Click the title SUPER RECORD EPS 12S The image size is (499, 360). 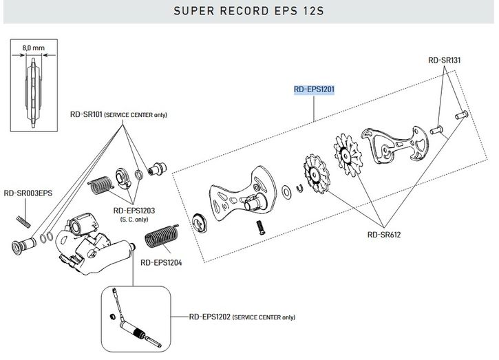(249, 11)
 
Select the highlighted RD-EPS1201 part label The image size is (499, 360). (313, 89)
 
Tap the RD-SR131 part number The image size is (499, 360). (444, 60)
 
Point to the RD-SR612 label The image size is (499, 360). (384, 234)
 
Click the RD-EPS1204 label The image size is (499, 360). (160, 262)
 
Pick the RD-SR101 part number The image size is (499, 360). (85, 114)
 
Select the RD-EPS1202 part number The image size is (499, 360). (209, 317)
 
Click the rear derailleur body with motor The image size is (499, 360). (87, 241)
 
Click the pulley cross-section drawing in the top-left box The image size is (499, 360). (32, 93)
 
